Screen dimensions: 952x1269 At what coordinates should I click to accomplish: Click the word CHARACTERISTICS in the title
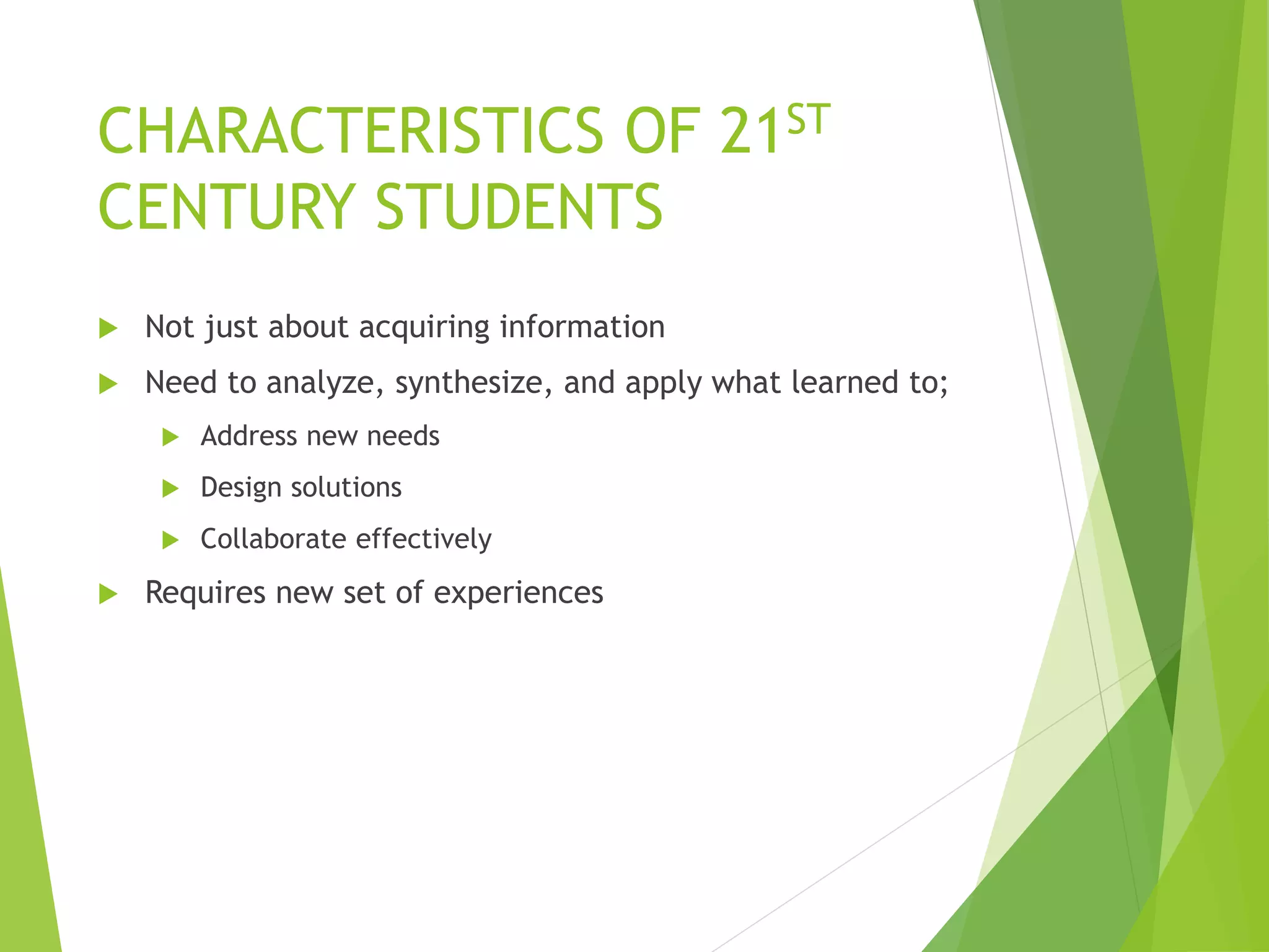[350, 131]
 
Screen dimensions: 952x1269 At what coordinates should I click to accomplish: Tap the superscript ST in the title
[808, 120]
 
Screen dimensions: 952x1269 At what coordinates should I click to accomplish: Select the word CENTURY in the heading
[226, 207]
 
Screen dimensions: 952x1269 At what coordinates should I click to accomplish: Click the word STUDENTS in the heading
[519, 207]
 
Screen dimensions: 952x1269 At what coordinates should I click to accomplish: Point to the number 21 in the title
[750, 131]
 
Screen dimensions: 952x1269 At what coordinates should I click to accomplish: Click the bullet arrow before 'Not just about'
[108, 328]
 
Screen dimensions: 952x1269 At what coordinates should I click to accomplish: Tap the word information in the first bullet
[582, 327]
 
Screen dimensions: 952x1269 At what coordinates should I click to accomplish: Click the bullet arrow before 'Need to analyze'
[108, 384]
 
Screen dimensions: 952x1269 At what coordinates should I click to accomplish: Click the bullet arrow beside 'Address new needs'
[170, 438]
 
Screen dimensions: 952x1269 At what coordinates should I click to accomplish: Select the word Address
[249, 436]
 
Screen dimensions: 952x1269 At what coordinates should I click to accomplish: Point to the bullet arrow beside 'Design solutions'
[170, 489]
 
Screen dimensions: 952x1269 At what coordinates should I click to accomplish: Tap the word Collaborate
[273, 539]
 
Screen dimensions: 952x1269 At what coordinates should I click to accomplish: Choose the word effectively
[424, 539]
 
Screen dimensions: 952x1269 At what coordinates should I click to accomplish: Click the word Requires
[205, 593]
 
